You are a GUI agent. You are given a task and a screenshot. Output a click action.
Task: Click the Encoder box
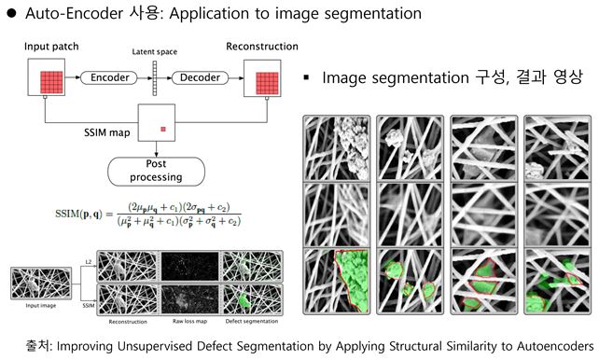pyautogui.click(x=109, y=77)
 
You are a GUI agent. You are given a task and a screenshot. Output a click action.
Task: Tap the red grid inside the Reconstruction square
pyautogui.click(x=261, y=81)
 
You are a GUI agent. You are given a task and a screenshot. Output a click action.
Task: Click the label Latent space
pyautogui.click(x=154, y=53)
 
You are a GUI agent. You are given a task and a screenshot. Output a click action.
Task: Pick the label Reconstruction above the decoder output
pyautogui.click(x=261, y=46)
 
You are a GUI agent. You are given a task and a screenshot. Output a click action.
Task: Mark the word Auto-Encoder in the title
pyautogui.click(x=66, y=14)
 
